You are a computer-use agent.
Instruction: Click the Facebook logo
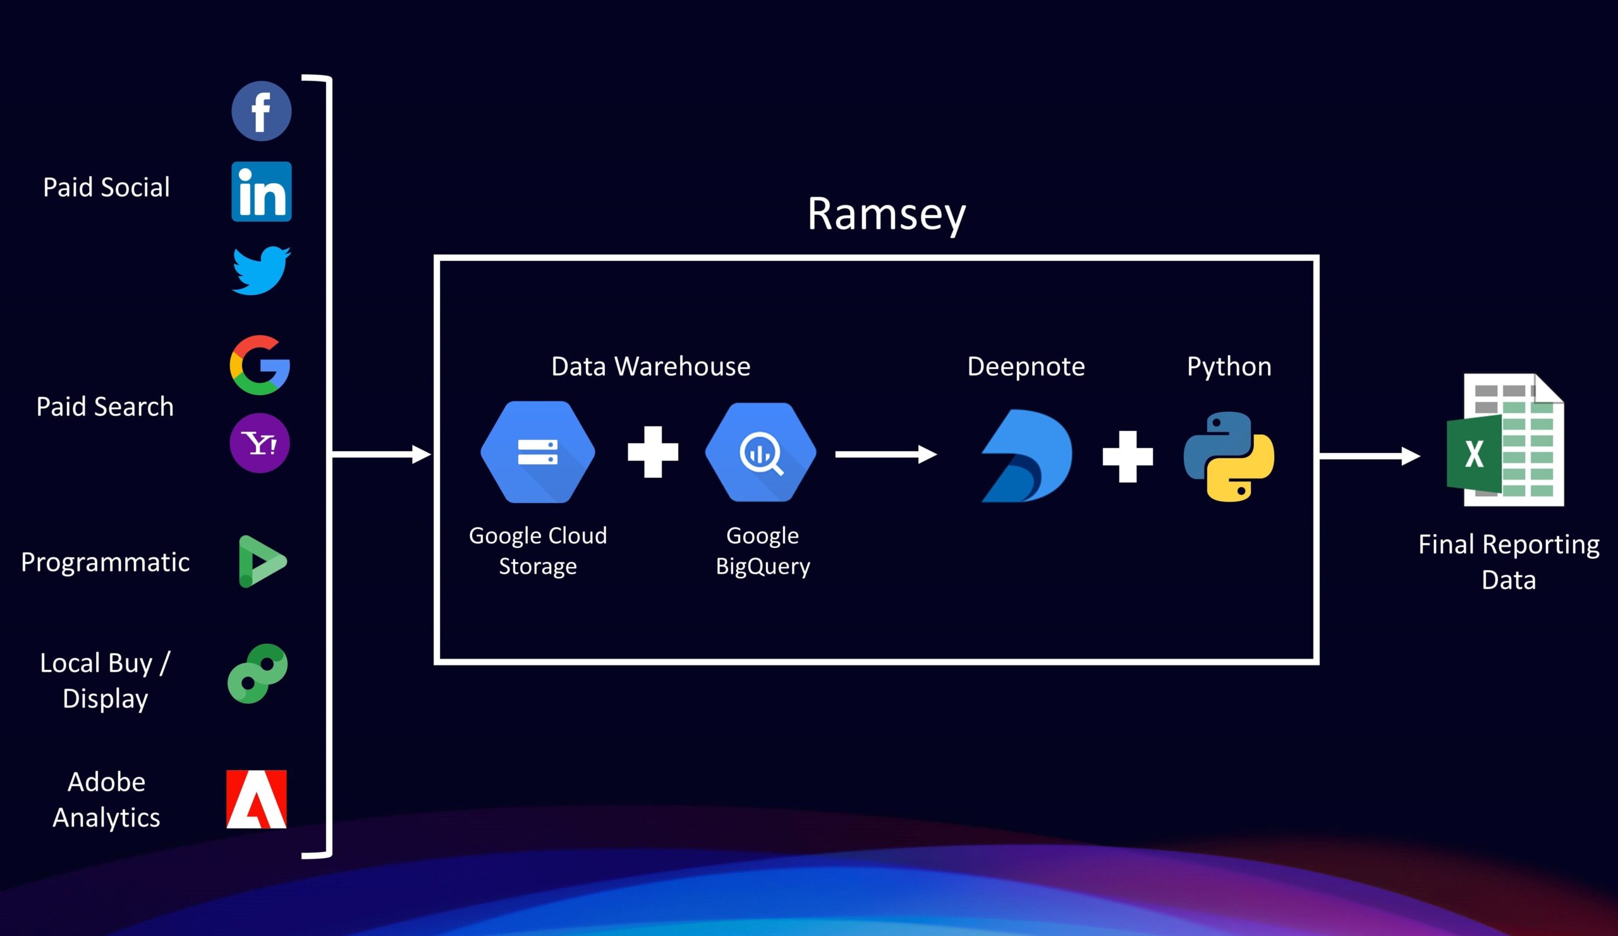click(x=261, y=111)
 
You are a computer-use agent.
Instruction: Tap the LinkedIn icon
click(x=261, y=191)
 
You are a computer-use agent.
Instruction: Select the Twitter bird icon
click(x=261, y=270)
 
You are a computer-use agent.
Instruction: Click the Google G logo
click(x=260, y=365)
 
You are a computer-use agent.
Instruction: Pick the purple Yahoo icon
click(x=260, y=443)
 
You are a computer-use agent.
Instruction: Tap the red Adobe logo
click(x=256, y=799)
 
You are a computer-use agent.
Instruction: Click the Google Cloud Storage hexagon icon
click(x=537, y=452)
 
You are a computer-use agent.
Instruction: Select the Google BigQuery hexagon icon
click(x=761, y=452)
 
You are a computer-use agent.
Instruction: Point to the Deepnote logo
click(x=1026, y=456)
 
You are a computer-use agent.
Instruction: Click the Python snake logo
click(x=1229, y=456)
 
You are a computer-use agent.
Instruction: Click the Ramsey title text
click(x=886, y=214)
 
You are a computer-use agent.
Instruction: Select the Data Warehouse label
click(x=650, y=367)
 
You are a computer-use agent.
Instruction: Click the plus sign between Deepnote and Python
click(x=1128, y=456)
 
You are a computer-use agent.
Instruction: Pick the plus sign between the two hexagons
click(x=652, y=452)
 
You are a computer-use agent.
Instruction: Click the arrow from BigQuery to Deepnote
click(x=885, y=454)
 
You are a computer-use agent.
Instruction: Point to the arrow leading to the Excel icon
click(x=1369, y=456)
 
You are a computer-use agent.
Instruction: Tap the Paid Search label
click(x=105, y=406)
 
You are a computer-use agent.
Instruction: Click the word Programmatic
click(x=106, y=562)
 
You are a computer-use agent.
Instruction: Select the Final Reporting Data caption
click(x=1508, y=562)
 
